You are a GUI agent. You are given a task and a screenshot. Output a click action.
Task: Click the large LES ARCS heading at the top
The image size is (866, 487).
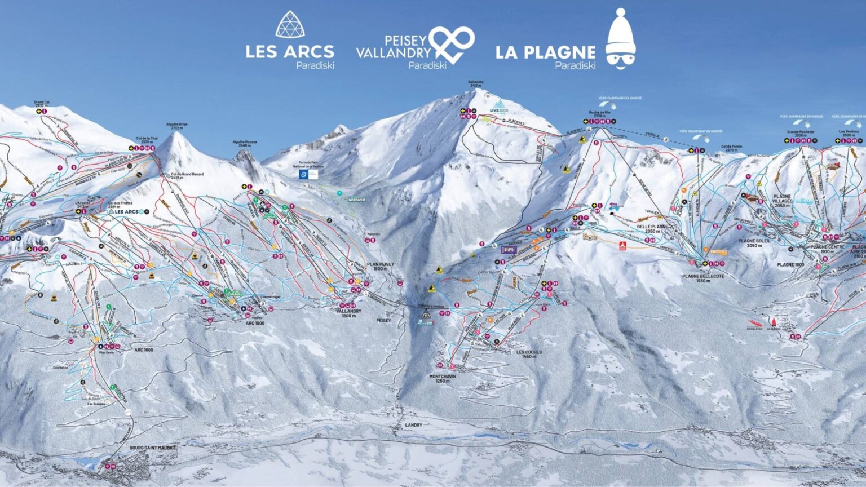tap(289, 52)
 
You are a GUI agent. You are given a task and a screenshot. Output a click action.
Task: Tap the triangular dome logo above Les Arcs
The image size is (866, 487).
tap(289, 24)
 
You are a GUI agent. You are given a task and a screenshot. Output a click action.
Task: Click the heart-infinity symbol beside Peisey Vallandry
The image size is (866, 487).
tap(451, 44)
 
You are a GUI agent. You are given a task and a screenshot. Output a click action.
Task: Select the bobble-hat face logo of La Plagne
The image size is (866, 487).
tap(621, 39)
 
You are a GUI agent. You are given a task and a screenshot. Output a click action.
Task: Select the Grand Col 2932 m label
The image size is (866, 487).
tap(42, 104)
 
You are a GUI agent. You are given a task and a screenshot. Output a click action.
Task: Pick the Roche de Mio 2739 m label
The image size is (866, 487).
tap(600, 114)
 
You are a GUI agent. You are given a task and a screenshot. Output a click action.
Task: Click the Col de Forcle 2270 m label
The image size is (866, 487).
tap(731, 149)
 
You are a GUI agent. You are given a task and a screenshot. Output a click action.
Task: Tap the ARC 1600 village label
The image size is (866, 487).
tap(143, 350)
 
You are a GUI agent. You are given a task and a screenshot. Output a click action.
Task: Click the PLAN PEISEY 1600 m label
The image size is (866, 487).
tap(380, 266)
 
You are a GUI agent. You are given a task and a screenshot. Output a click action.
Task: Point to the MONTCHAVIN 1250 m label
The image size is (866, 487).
tap(443, 378)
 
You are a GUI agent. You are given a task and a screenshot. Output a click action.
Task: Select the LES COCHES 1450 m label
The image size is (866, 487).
tap(529, 354)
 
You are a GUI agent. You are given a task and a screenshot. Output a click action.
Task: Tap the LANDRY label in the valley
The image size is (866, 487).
tap(413, 425)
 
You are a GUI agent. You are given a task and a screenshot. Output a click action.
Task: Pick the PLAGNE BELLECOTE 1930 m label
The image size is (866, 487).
tap(703, 278)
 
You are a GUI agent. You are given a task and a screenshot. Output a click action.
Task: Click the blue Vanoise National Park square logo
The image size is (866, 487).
tap(304, 175)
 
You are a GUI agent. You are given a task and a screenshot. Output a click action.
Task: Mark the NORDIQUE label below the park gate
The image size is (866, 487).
tap(357, 200)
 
